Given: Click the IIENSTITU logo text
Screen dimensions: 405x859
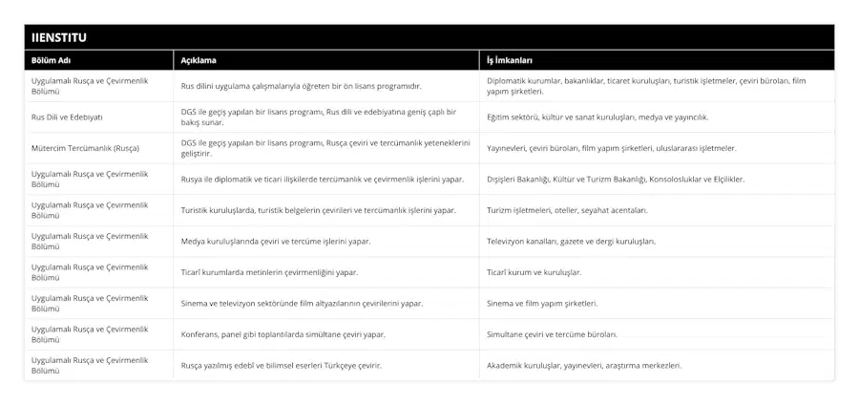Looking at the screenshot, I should pyautogui.click(x=58, y=37).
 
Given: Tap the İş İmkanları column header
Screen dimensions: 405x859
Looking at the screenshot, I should pyautogui.click(x=510, y=59).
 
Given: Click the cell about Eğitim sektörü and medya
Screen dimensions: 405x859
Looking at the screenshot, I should pyautogui.click(x=597, y=117).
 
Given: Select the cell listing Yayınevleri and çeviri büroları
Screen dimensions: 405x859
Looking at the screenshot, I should pyautogui.click(x=611, y=148).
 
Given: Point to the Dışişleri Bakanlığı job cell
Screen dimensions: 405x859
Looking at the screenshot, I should pyautogui.click(x=616, y=179).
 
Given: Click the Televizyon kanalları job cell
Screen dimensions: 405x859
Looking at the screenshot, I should pyautogui.click(x=571, y=241).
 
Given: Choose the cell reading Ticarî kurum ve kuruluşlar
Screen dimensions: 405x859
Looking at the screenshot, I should pyautogui.click(x=534, y=272).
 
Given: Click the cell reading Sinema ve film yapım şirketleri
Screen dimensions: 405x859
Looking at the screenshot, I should pyautogui.click(x=542, y=303).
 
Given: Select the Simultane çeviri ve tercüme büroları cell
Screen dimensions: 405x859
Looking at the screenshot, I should pyautogui.click(x=552, y=334).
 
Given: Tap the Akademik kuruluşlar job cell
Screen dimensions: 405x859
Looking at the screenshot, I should pyautogui.click(x=584, y=365).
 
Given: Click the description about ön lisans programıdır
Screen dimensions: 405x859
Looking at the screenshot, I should pyautogui.click(x=301, y=86).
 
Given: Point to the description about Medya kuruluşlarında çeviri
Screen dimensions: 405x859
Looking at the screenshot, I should pyautogui.click(x=276, y=241).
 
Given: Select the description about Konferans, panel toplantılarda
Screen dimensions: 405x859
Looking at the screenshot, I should pyautogui.click(x=283, y=334).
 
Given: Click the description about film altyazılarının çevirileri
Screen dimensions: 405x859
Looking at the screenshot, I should pyautogui.click(x=302, y=303).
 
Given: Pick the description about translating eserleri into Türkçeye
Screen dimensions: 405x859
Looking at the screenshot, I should pyautogui.click(x=282, y=365).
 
